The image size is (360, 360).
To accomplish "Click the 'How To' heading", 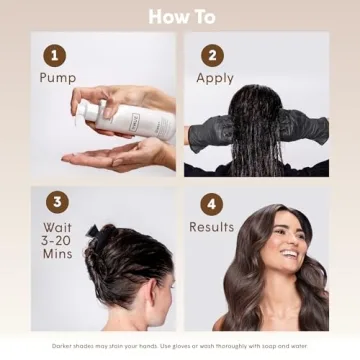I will pos(180,16).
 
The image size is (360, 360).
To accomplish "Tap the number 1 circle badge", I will pos(56,55).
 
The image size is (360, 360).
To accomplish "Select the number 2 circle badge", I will pos(211,55).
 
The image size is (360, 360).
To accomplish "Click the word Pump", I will pos(57,78).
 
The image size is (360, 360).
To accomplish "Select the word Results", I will pos(211,227).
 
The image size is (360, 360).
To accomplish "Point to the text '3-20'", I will pos(57,241).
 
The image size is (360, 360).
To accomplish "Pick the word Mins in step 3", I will pos(56,255).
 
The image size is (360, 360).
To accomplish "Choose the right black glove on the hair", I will pos(305,127).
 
